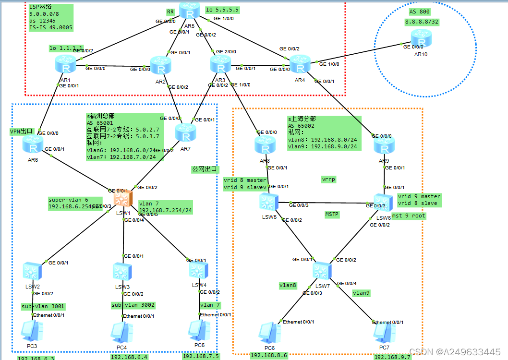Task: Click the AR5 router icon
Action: tap(189, 11)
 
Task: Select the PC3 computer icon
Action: tap(32, 331)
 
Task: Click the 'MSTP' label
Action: tap(332, 215)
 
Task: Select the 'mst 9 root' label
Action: tap(409, 216)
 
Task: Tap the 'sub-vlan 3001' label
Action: tap(42, 306)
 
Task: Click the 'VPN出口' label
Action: tap(22, 131)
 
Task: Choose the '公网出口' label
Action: tap(205, 169)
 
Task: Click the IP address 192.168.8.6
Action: tap(269, 355)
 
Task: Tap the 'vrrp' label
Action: tap(328, 179)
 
